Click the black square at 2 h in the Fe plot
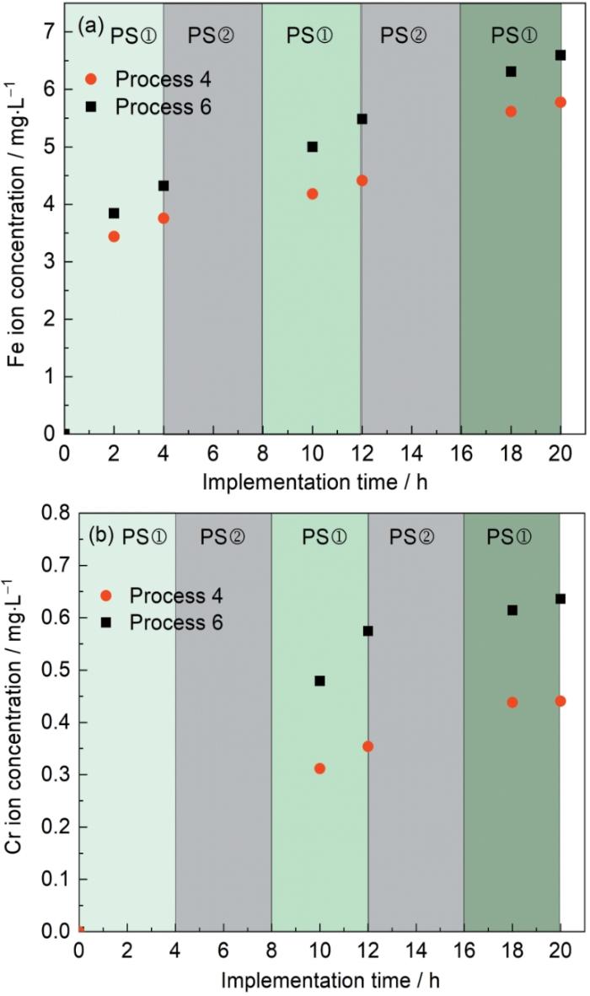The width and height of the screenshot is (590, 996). tap(114, 213)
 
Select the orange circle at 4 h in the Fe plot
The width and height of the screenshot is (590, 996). tap(164, 218)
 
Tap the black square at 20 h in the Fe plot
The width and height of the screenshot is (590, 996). tap(560, 56)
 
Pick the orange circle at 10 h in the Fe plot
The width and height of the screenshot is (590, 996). tap(312, 194)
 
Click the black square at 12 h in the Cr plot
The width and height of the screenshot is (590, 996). tap(367, 631)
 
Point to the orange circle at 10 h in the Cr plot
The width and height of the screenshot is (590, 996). tap(319, 768)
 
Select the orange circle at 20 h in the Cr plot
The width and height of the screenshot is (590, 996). tap(560, 701)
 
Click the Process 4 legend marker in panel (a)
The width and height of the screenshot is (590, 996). tap(92, 79)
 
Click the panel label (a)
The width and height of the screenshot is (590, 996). tap(90, 26)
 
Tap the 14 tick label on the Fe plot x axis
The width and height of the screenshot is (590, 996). tap(411, 452)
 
